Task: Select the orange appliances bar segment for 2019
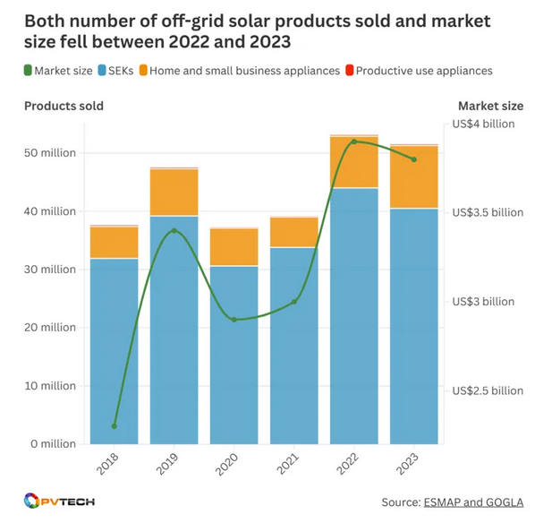174,192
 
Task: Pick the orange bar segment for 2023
414,176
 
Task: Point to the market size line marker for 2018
115,426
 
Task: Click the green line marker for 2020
234,320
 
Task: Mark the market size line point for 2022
354,141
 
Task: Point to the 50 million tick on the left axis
52,153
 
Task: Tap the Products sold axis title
64,106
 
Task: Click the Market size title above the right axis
490,106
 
